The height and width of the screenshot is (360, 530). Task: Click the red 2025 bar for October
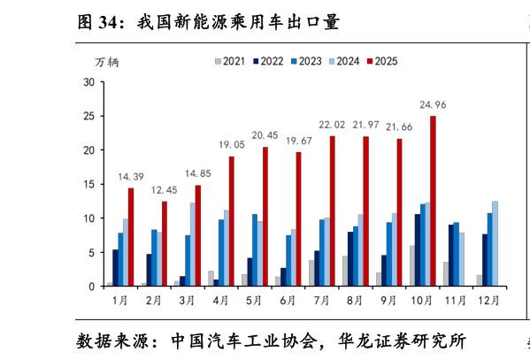click(x=433, y=201)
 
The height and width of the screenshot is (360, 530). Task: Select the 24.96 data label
click(x=433, y=105)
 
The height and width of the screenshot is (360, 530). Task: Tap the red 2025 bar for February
click(x=165, y=244)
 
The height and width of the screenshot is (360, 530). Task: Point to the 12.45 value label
click(x=164, y=190)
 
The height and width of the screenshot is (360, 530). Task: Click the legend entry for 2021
click(x=230, y=61)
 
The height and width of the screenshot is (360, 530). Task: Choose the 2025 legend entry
click(x=382, y=61)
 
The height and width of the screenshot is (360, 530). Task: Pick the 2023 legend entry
click(x=306, y=61)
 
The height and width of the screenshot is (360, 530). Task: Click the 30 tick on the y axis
click(x=89, y=82)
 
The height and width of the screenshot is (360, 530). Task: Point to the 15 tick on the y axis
click(x=89, y=184)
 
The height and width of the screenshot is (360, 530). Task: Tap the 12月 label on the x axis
click(x=488, y=300)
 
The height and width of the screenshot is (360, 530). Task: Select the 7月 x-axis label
click(x=321, y=300)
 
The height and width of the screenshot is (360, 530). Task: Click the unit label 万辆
click(x=107, y=62)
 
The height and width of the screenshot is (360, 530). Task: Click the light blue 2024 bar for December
click(x=495, y=244)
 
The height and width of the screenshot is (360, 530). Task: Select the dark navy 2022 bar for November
click(x=451, y=256)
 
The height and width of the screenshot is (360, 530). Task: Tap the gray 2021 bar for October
click(x=412, y=265)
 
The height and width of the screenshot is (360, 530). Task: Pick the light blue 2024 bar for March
click(x=193, y=244)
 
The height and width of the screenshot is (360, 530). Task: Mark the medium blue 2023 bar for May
click(x=255, y=250)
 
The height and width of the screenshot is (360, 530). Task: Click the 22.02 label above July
click(x=332, y=125)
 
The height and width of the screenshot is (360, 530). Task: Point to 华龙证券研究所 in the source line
click(x=403, y=341)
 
